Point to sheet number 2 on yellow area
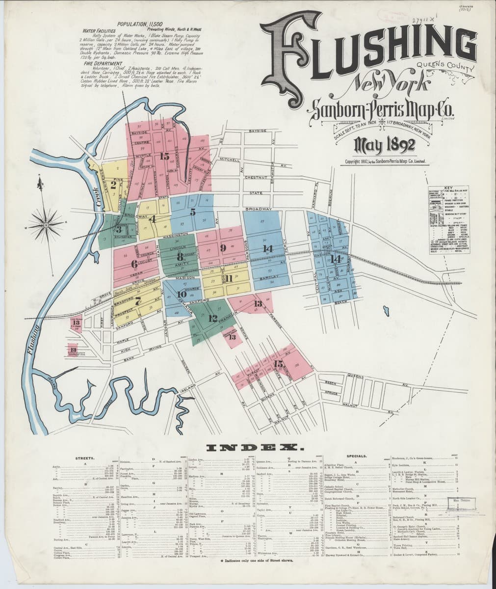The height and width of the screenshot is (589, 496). point(113,185)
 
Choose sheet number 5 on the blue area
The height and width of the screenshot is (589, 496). point(193,212)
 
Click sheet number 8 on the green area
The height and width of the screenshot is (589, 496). point(180,256)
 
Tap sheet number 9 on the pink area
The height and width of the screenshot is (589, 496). point(223,247)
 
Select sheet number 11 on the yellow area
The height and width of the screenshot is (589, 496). point(229,279)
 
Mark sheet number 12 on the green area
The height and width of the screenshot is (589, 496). point(212,318)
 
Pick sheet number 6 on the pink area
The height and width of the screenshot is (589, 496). point(134,264)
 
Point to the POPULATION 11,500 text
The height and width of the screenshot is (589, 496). point(135,24)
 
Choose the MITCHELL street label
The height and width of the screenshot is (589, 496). point(230,161)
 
